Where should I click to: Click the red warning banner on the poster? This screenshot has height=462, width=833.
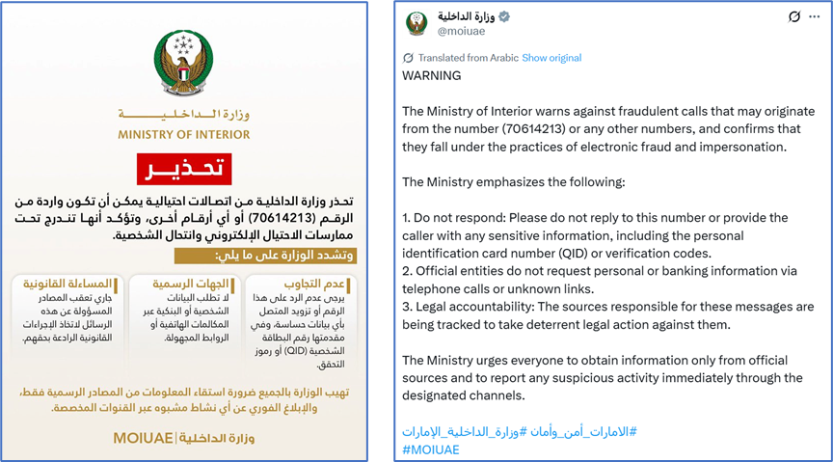click(182, 170)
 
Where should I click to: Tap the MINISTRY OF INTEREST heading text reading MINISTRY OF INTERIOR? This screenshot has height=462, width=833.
click(183, 133)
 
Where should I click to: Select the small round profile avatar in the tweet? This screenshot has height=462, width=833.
click(416, 24)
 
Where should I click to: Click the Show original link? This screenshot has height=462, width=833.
click(551, 58)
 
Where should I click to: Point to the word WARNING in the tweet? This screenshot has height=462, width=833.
click(432, 76)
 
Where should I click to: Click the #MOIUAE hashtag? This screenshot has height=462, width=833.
click(431, 449)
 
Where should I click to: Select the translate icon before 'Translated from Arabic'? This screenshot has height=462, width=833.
click(408, 58)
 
